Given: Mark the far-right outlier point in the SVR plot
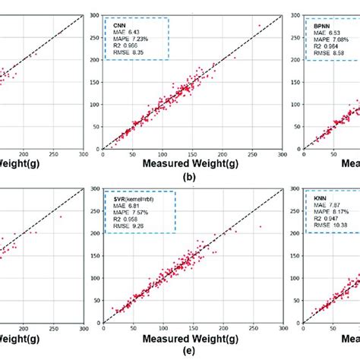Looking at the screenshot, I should coord(261,226).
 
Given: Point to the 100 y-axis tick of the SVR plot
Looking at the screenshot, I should coord(95,279).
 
